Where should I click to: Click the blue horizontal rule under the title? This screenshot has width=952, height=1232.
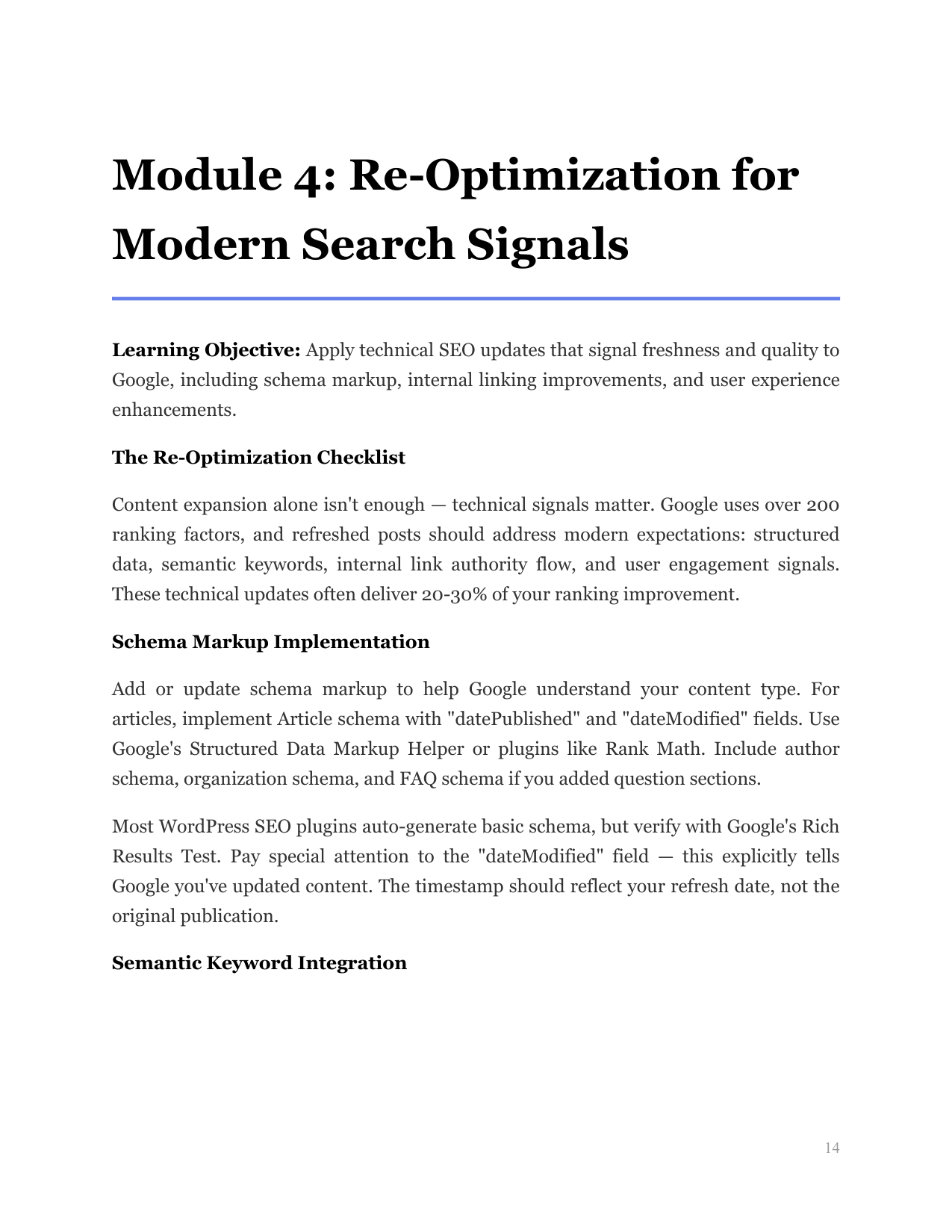coord(476,299)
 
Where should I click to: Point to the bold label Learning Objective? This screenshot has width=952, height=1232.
coord(206,350)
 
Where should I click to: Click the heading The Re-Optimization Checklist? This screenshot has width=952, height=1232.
coord(258,458)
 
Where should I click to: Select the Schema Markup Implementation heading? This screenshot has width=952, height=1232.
coord(270,642)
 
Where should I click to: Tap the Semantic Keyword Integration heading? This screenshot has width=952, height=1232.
coord(259,963)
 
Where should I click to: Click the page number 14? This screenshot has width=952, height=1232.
coord(832,1148)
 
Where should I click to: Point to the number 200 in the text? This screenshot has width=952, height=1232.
coord(823,505)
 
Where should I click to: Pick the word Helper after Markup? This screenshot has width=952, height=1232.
coord(435,749)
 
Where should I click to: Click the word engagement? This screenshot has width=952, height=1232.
coord(718,565)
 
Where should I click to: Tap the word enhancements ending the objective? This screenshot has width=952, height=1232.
coord(174,410)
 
